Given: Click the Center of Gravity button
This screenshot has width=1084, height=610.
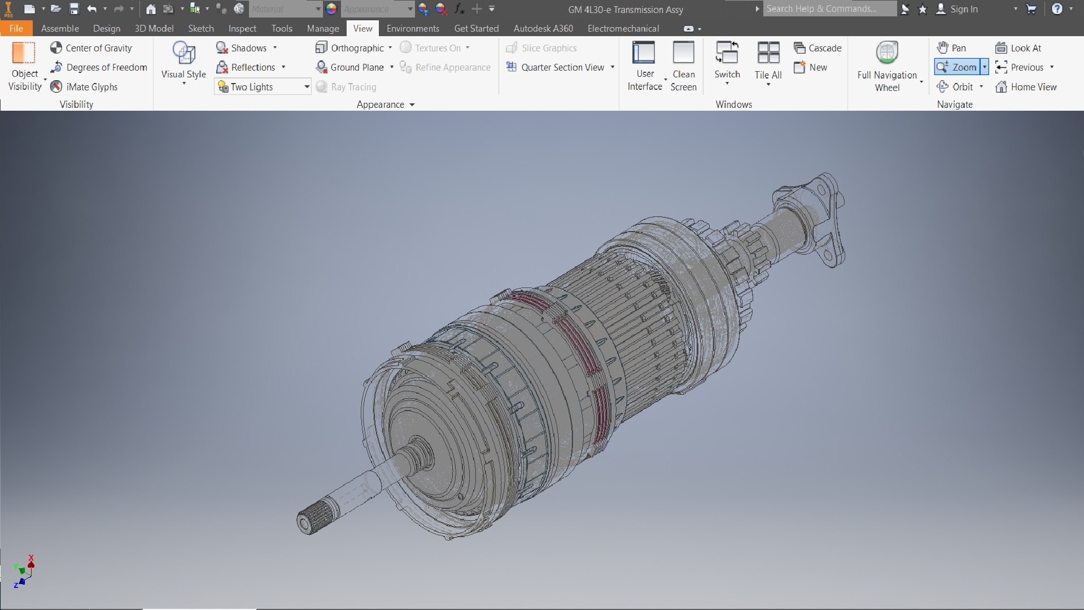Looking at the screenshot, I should click(x=91, y=48).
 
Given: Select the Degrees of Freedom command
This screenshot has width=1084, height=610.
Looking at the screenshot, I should click(x=99, y=67).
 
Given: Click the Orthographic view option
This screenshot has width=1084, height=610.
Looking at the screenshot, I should click(x=353, y=48).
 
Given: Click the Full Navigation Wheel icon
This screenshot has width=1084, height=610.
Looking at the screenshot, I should click(x=887, y=54).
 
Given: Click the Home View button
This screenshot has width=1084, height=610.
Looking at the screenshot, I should click(x=1026, y=86).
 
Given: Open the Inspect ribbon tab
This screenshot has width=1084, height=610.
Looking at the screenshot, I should click(x=242, y=28).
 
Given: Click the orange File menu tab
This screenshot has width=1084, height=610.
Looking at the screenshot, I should click(x=16, y=28).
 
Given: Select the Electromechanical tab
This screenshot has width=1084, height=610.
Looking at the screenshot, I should click(x=623, y=28).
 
